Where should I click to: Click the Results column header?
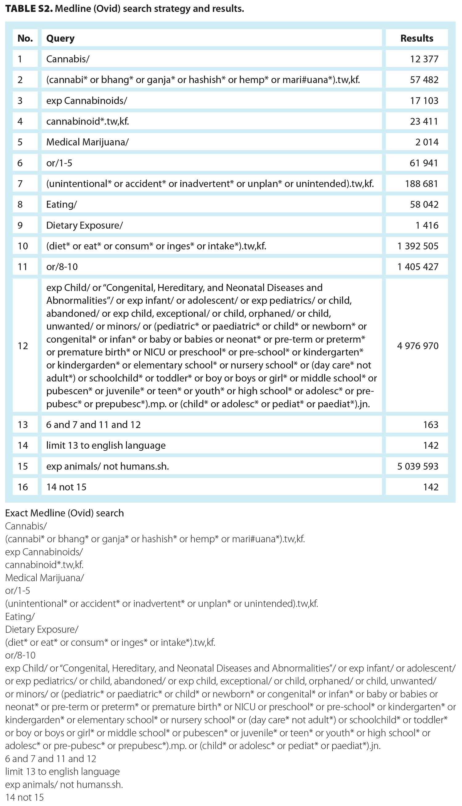point(417,38)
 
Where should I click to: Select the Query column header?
point(60,38)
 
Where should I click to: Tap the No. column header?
point(25,38)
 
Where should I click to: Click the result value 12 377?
point(424,59)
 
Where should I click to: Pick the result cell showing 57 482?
point(424,80)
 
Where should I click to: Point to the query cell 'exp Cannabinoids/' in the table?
point(87,101)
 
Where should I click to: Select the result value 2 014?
point(427,142)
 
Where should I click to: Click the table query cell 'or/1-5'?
point(59,163)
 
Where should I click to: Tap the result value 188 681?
point(421,183)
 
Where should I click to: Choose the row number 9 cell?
point(20,225)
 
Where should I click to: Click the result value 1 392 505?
point(418,246)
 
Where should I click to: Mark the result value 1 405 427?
point(418,266)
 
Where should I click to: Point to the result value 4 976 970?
point(418,346)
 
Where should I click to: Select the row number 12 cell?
point(23,346)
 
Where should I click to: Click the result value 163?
point(431,425)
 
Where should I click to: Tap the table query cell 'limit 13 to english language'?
point(106,445)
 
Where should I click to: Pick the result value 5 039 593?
point(418,466)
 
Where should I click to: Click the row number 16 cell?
point(23,487)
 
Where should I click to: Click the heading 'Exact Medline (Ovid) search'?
point(64,513)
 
